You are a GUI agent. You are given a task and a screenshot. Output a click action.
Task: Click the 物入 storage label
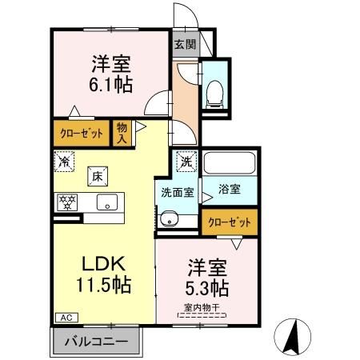point(122,131)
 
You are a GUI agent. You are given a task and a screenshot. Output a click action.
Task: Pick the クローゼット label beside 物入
point(79,132)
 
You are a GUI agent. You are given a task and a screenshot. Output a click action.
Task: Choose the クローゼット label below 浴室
point(230,223)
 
